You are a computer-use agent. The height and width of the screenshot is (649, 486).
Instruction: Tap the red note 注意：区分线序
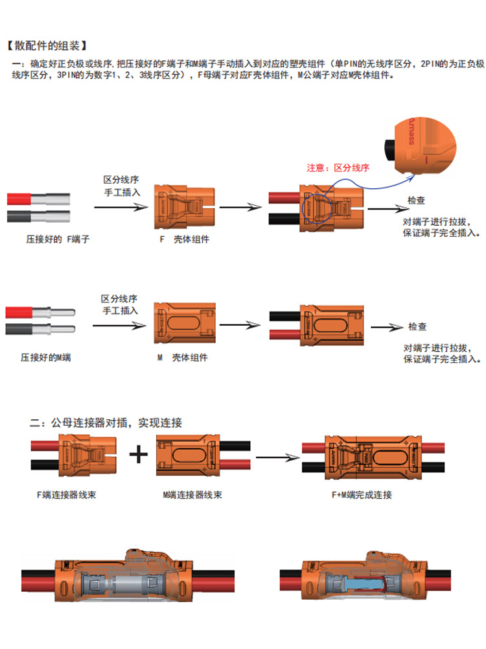tap(338, 167)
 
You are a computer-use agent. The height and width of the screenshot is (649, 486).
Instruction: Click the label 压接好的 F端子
tap(58, 239)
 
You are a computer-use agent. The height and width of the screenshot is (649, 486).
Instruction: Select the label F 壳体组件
tap(184, 239)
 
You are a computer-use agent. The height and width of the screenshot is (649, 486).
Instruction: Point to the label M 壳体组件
tap(183, 358)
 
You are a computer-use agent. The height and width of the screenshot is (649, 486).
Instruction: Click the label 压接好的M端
tap(46, 358)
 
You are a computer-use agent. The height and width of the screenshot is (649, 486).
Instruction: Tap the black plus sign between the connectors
tap(139, 454)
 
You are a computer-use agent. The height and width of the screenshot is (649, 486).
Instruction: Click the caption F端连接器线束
tap(67, 495)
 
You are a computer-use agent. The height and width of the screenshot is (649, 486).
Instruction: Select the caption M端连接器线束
tap(192, 495)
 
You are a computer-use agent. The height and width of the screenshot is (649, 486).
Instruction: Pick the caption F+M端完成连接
tap(362, 495)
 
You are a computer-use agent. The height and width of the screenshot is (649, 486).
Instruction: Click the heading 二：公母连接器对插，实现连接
tap(106, 422)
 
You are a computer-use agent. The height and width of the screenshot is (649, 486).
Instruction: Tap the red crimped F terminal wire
tap(38, 199)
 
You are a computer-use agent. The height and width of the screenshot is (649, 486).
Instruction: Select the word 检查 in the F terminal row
tap(416, 201)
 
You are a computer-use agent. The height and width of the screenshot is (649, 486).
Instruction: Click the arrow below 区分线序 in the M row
tap(120, 326)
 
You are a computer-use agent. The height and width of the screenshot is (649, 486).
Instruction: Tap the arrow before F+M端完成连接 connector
tap(278, 458)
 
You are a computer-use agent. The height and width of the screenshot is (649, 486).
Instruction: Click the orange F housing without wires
tap(185, 206)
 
